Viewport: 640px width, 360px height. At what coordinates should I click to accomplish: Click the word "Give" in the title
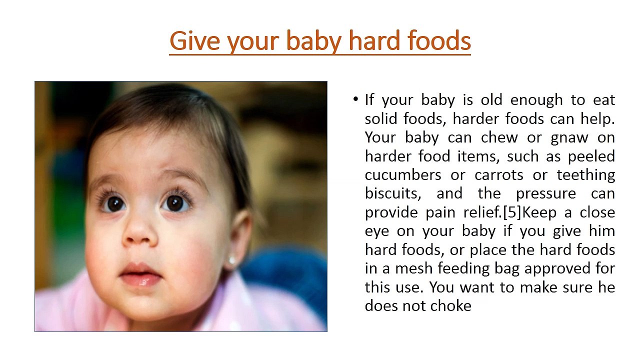(194, 41)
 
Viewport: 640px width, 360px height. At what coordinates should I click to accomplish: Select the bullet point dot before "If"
(355, 99)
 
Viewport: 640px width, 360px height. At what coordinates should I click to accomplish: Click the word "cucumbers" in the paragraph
(403, 175)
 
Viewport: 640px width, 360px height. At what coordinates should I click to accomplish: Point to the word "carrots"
(499, 175)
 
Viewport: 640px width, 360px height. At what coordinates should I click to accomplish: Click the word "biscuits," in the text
(393, 193)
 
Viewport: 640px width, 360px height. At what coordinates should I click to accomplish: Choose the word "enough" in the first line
(536, 100)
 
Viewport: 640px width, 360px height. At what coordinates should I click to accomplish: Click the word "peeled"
(591, 157)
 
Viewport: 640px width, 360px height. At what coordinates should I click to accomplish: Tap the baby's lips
(140, 274)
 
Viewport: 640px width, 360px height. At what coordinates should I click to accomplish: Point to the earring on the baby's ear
(231, 260)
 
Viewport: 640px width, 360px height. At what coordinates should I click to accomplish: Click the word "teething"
(585, 175)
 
